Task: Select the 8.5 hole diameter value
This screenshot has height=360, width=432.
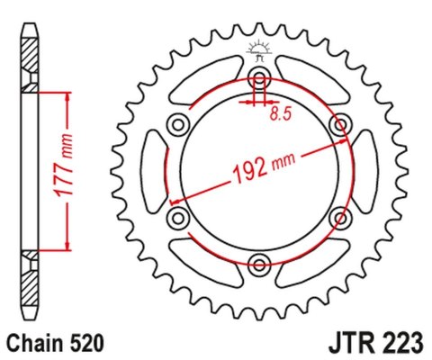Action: (280, 114)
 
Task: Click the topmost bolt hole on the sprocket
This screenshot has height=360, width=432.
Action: (260, 75)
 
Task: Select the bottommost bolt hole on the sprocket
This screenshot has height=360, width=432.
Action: (260, 264)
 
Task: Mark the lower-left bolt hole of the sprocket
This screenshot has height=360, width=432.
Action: (178, 217)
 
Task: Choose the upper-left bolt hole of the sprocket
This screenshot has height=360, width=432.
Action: (178, 122)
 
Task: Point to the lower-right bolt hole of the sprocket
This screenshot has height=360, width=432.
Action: (342, 217)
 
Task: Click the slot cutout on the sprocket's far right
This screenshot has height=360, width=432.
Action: (368, 169)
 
